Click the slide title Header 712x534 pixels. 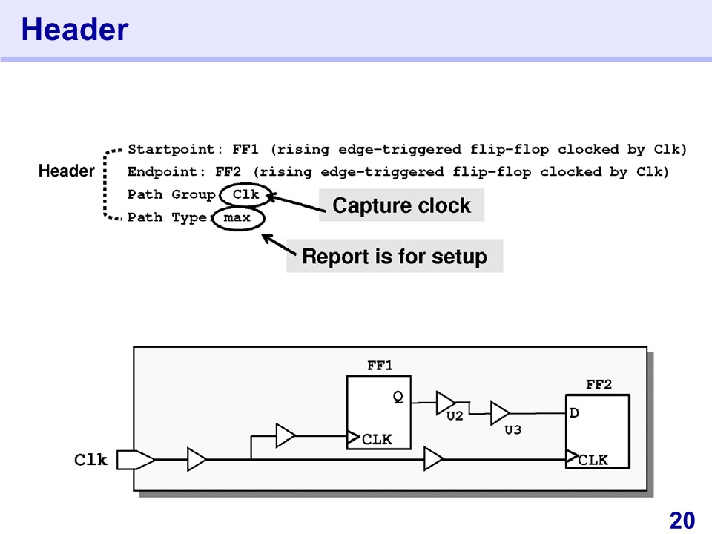pos(75,30)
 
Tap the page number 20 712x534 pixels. pos(682,521)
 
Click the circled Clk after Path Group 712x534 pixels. pos(245,194)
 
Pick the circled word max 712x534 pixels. pos(237,218)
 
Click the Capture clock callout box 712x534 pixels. pos(401,205)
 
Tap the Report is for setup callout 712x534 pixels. pos(395,257)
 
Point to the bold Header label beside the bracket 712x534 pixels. pos(66,171)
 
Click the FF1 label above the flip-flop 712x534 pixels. pos(380,366)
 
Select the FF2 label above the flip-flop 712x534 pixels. pos(599,385)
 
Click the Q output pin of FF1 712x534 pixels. pos(398,397)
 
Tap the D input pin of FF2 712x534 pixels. pos(574,412)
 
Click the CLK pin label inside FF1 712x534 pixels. pos(377,439)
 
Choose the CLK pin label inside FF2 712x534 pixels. pos(593,460)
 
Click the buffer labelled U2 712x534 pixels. pos(446,403)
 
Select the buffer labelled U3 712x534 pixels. pos(500,413)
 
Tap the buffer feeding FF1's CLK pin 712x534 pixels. pos(286,435)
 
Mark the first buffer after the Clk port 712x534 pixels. pos(197,460)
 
